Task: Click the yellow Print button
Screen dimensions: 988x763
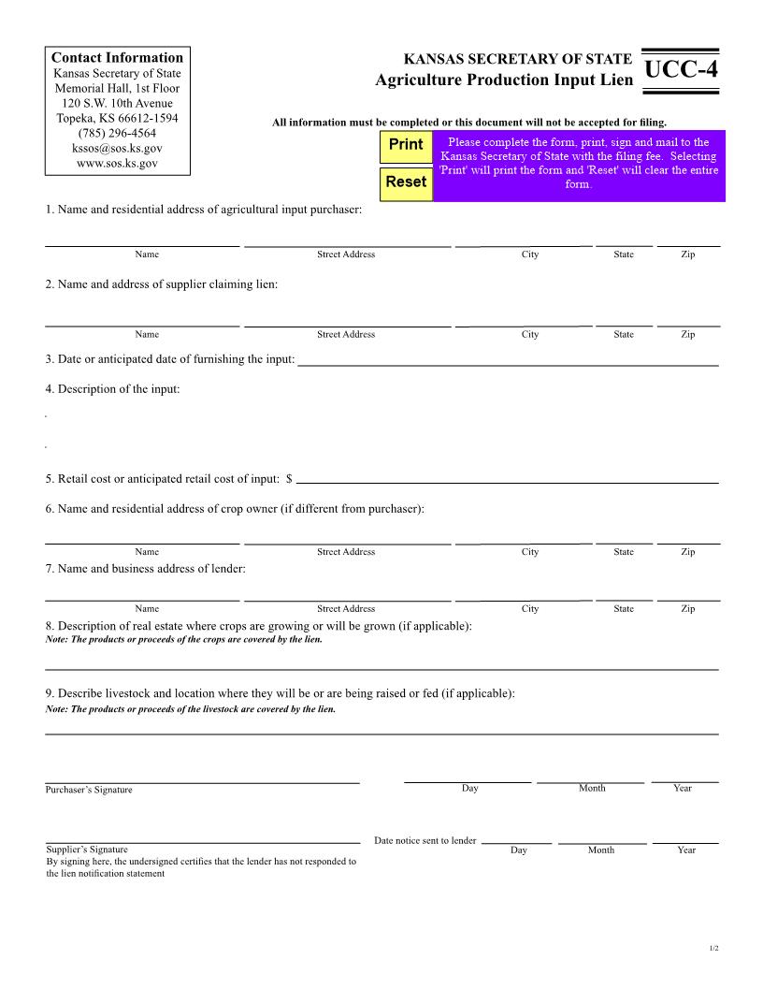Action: click(x=406, y=145)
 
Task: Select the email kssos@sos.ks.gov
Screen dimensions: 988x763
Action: click(x=117, y=149)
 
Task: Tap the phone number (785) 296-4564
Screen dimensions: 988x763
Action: click(x=117, y=134)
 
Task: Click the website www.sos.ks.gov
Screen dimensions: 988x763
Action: click(x=117, y=163)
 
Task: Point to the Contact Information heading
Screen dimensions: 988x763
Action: click(x=117, y=58)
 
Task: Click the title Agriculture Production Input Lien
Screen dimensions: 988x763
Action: click(x=503, y=80)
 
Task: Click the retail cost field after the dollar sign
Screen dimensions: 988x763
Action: click(x=507, y=480)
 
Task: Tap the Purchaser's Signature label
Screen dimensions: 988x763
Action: click(x=89, y=790)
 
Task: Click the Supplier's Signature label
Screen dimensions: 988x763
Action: click(x=87, y=850)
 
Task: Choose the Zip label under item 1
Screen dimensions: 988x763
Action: click(x=687, y=254)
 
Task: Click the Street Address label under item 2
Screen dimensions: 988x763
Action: click(x=346, y=334)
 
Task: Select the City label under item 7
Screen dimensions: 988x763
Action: click(x=530, y=608)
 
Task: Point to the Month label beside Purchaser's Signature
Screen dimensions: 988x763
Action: click(x=592, y=788)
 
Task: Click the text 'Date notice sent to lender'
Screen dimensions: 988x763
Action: click(x=425, y=840)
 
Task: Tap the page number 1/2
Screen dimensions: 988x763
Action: click(x=713, y=949)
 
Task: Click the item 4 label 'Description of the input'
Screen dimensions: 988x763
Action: click(x=112, y=388)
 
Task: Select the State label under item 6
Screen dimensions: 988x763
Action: click(x=624, y=551)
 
